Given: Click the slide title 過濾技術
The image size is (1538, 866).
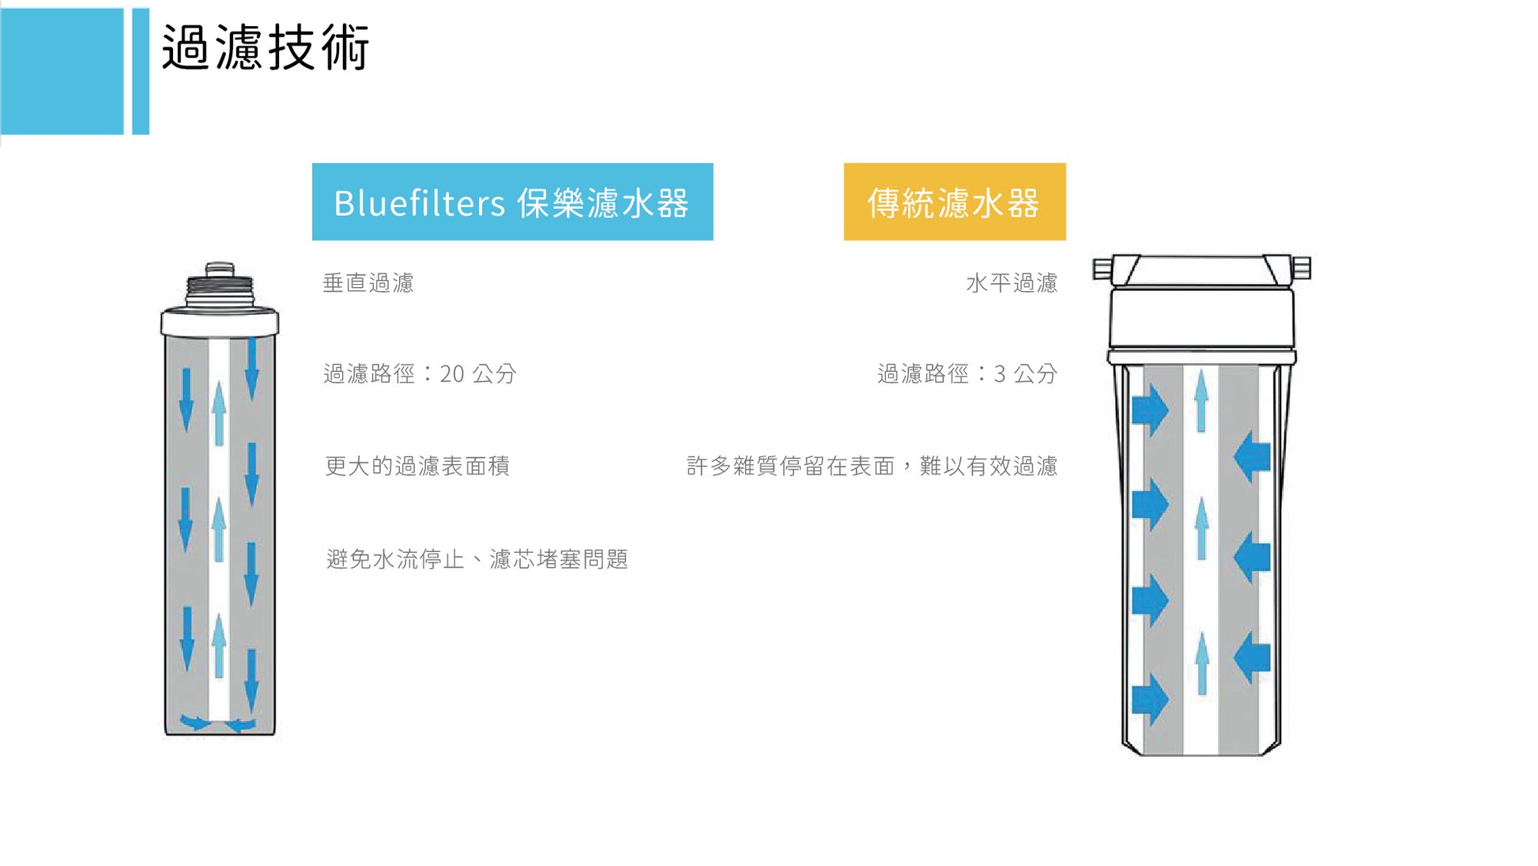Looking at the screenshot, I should (x=266, y=47).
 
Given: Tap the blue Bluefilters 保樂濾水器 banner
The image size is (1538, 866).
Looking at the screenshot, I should (x=512, y=202).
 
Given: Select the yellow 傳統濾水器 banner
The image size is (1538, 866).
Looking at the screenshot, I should (x=954, y=202).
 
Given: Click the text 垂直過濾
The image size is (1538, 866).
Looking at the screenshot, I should (x=368, y=283).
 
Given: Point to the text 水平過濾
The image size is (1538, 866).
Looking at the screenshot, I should (x=1011, y=283).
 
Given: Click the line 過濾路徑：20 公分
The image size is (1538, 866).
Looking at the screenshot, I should (x=420, y=373).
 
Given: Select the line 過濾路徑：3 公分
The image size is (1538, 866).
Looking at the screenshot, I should (x=967, y=373).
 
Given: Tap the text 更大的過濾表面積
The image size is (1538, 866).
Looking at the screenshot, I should (x=417, y=466).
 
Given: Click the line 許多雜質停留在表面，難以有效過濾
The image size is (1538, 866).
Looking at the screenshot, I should (x=872, y=466).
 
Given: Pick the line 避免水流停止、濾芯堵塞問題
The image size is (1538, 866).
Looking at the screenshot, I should (x=477, y=559).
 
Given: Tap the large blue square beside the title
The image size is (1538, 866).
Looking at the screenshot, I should (x=62, y=71).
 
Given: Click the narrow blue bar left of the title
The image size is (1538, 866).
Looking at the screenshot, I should (x=141, y=71).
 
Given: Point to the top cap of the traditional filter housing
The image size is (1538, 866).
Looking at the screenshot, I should (x=1201, y=270).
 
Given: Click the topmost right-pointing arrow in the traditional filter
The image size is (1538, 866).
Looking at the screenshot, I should (x=1150, y=410).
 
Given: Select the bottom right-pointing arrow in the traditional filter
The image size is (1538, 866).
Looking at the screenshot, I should (x=1150, y=699).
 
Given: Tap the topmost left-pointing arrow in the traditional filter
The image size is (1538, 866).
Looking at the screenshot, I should (x=1252, y=456).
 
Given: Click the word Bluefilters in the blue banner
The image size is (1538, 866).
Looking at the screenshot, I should (x=419, y=202).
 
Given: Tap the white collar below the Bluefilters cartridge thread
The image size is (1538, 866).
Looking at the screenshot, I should (x=220, y=322).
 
